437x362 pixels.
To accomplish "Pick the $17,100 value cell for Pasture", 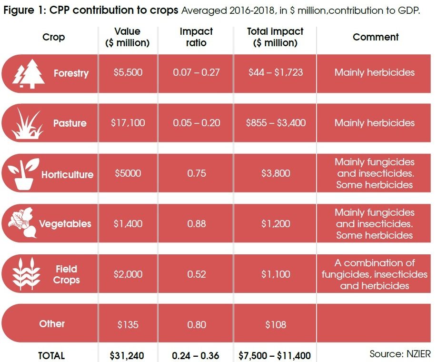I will pyautogui.click(x=129, y=123).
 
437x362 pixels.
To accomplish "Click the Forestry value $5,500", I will pyautogui.click(x=128, y=73).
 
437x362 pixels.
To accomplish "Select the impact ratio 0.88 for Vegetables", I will pyautogui.click(x=197, y=223).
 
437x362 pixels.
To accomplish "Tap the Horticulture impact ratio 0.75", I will pyautogui.click(x=197, y=173).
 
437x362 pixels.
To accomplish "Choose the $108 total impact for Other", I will pyautogui.click(x=276, y=325).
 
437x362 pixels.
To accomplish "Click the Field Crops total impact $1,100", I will pyautogui.click(x=276, y=274).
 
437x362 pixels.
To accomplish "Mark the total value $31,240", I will pyautogui.click(x=127, y=355).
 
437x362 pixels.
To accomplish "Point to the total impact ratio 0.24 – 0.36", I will pyautogui.click(x=196, y=355).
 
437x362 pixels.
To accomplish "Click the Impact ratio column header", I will pyautogui.click(x=196, y=37).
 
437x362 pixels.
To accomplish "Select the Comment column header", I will pyautogui.click(x=376, y=37).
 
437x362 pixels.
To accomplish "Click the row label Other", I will pyautogui.click(x=52, y=324).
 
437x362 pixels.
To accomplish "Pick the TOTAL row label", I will pyautogui.click(x=51, y=355).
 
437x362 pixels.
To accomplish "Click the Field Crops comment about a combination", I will pyautogui.click(x=375, y=274).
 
